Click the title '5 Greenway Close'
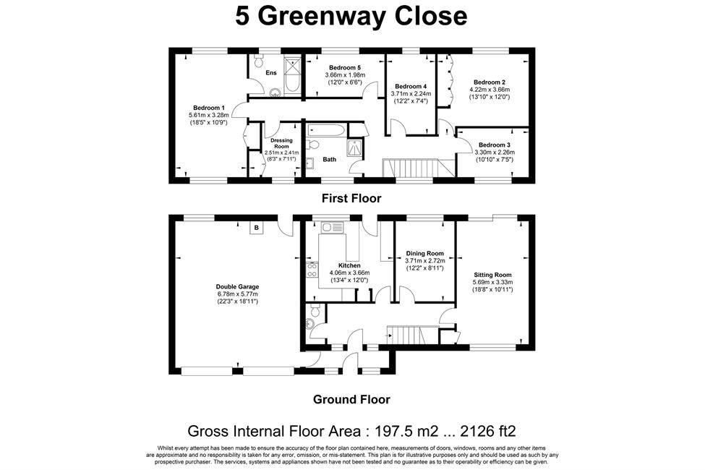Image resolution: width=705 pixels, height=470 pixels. pos(351,16)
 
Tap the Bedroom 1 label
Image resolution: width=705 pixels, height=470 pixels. pos(209,108)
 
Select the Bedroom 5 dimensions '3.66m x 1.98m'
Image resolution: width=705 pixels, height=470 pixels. pos(345,75)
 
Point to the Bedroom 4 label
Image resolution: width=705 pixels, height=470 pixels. pos(411,86)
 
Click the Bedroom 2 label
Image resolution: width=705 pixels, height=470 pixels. pos(490,82)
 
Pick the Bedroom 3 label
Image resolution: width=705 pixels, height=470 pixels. pos(494,145)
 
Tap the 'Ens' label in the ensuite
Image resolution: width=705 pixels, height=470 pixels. pos(270,73)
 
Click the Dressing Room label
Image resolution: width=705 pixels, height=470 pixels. pos(281,143)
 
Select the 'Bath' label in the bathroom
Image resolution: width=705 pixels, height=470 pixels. pos(329,159)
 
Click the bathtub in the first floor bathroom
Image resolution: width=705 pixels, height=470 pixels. pos(326,131)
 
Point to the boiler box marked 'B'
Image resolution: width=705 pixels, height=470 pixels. pos(256,228)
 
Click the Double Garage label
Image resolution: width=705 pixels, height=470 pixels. pos(237,286)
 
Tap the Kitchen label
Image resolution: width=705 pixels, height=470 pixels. pos(349,265)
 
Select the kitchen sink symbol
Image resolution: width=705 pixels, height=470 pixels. pos(332,227)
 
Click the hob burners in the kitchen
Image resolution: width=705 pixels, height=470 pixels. pos(311,270)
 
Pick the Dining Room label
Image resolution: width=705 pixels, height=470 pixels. pos(424,253)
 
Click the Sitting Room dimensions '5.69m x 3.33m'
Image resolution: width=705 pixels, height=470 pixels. pos(492,282)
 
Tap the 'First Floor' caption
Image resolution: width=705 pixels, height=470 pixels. pos(351,198)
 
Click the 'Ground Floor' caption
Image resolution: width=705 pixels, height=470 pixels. pos(351,399)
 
